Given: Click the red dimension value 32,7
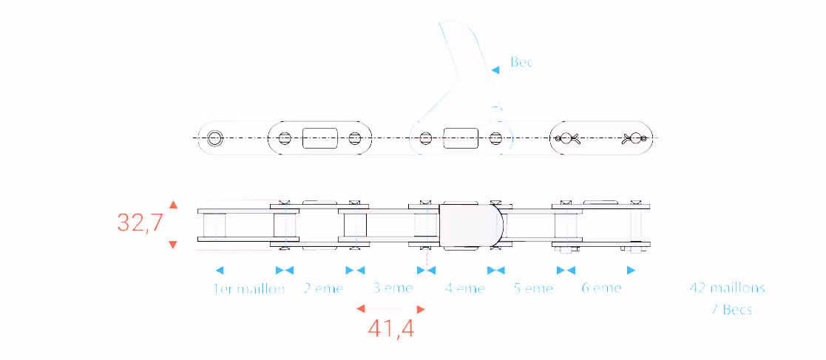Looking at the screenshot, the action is pyautogui.click(x=140, y=223).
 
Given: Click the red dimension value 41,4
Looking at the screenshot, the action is pyautogui.click(x=391, y=329).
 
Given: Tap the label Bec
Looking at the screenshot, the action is pyautogui.click(x=521, y=62).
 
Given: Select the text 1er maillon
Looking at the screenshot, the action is pyautogui.click(x=249, y=289).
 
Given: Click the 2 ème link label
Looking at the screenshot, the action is pyautogui.click(x=323, y=288).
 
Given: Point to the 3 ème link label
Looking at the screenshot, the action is pyautogui.click(x=393, y=288).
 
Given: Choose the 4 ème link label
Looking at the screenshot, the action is pyautogui.click(x=464, y=288).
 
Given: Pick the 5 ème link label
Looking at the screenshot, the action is pyautogui.click(x=534, y=288).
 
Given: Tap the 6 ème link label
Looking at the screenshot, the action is pyautogui.click(x=602, y=288).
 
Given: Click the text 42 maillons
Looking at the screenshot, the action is pyautogui.click(x=728, y=288).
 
